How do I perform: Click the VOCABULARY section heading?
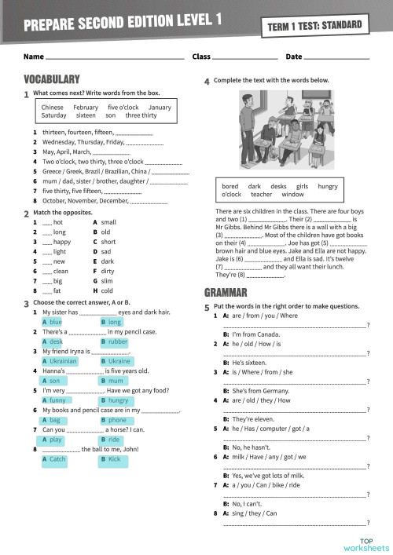click(52, 79)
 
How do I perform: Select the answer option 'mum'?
click(115, 380)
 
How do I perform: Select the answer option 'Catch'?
click(57, 459)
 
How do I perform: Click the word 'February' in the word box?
click(86, 107)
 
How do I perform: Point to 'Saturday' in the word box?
click(53, 115)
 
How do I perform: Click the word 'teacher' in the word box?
click(261, 195)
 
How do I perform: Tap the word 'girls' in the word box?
click(299, 186)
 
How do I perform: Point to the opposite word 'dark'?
click(108, 261)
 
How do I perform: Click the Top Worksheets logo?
click(365, 543)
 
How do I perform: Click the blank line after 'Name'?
click(115, 57)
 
